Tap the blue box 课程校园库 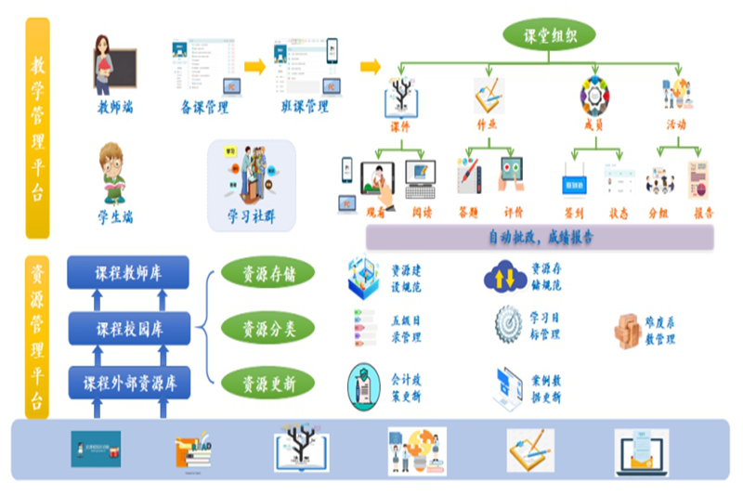pyautogui.click(x=127, y=328)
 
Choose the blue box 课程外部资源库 pyautogui.click(x=127, y=382)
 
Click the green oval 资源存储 pyautogui.click(x=267, y=274)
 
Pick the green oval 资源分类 pyautogui.click(x=267, y=328)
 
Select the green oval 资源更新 pyautogui.click(x=267, y=382)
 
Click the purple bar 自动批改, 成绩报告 pyautogui.click(x=540, y=237)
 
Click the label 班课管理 pyautogui.click(x=305, y=107)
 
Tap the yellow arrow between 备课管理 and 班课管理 pyautogui.click(x=254, y=66)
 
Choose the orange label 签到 pyautogui.click(x=573, y=213)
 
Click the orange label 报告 pyautogui.click(x=703, y=213)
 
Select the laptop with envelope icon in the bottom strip pyautogui.click(x=641, y=451)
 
